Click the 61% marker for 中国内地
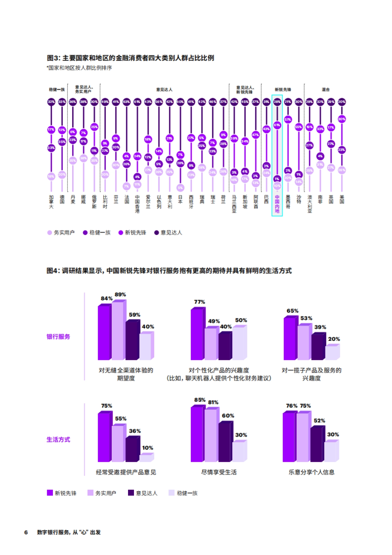coord(277,125)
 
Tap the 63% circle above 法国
coord(126,102)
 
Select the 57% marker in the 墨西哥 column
coord(288,120)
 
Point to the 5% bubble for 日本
coord(180,188)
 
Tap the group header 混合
coord(326,90)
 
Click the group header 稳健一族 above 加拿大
coord(57,90)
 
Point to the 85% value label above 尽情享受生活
coord(200,400)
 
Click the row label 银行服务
coord(58,337)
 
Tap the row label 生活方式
coord(58,440)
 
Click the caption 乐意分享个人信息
coord(311,472)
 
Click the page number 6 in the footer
coord(26,532)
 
